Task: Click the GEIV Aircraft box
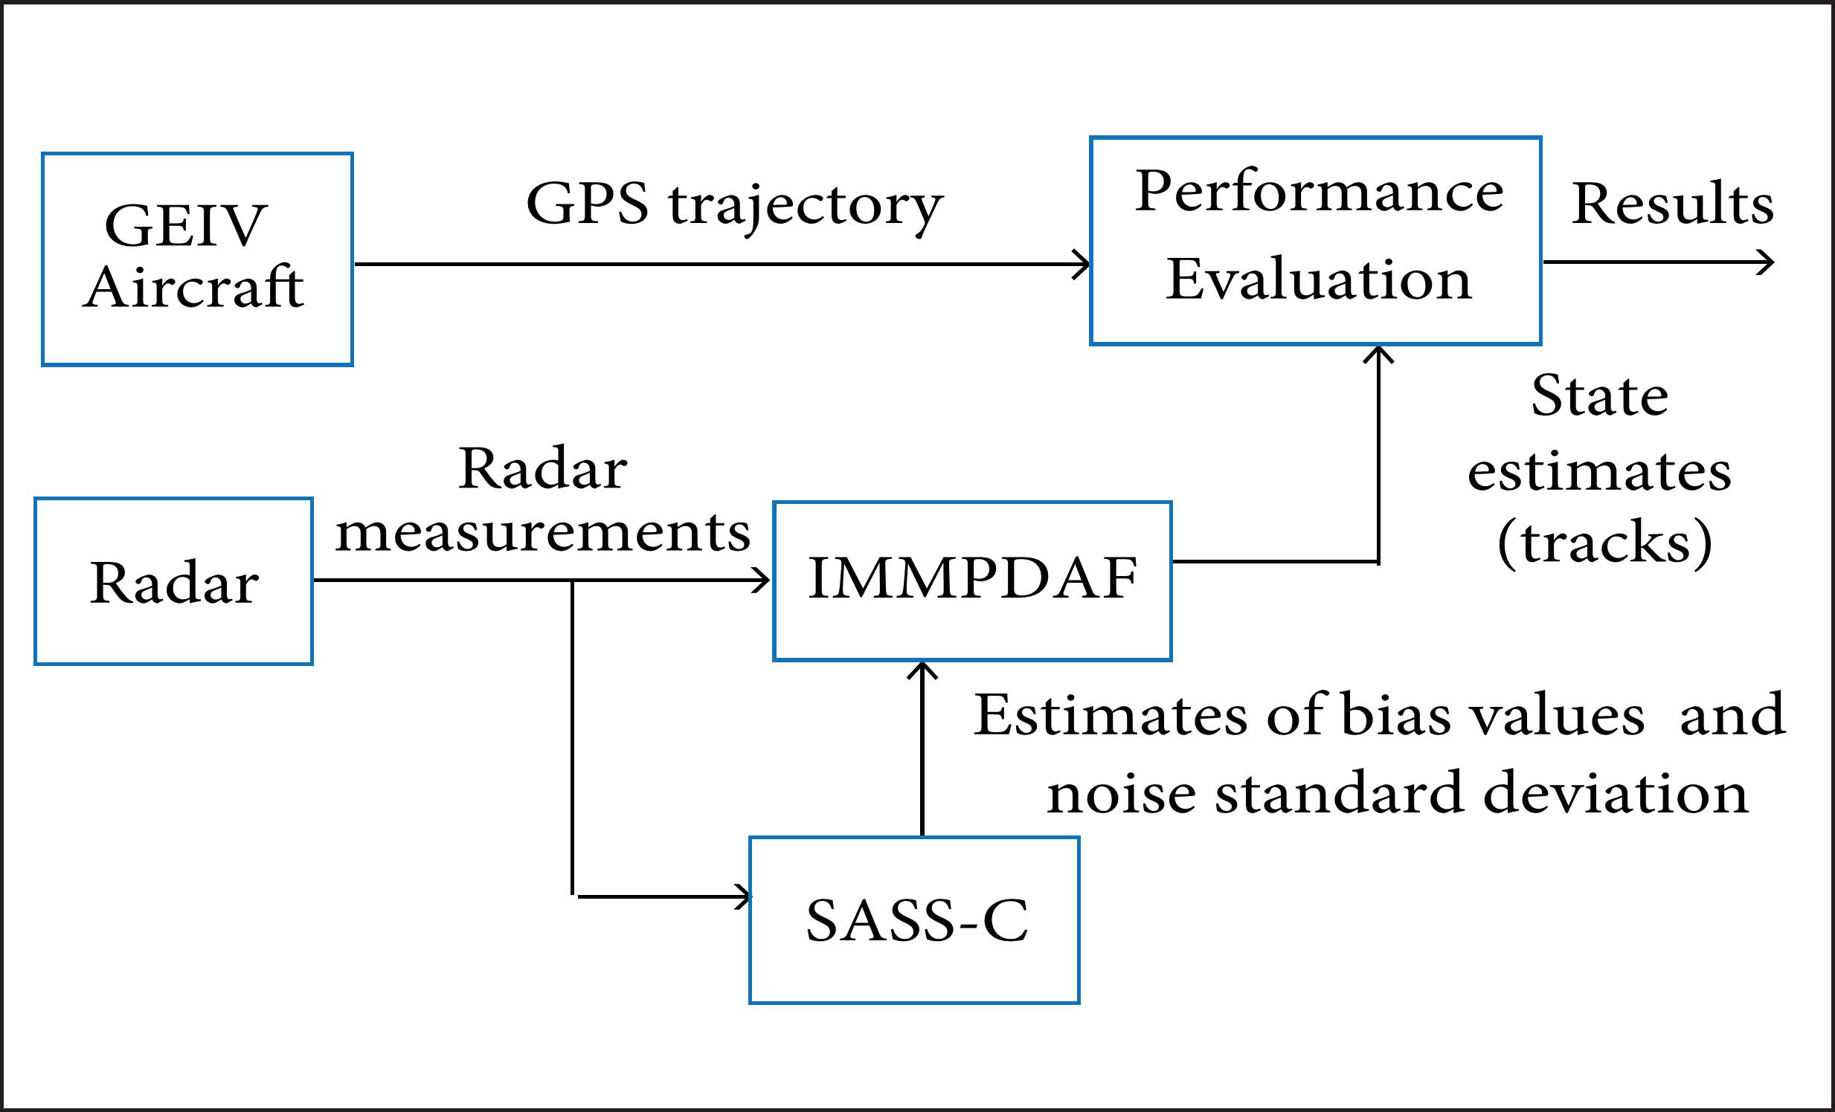point(196,258)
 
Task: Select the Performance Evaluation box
point(1315,240)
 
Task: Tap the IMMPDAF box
point(972,581)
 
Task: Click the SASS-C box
point(913,920)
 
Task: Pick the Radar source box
point(173,581)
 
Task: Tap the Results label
point(1672,203)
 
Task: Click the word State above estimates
point(1599,396)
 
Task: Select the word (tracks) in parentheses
point(1604,543)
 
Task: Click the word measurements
point(543,533)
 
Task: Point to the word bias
point(1395,715)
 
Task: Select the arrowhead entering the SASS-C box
point(744,897)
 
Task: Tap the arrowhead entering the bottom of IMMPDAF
point(922,669)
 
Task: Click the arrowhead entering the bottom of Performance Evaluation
point(1378,354)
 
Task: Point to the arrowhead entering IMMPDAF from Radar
point(763,580)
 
